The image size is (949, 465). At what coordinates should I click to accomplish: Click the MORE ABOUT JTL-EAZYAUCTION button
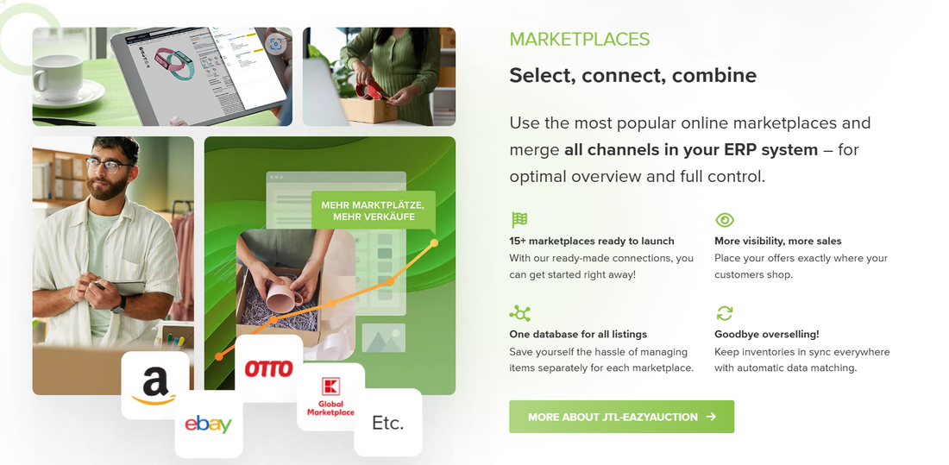coord(621,417)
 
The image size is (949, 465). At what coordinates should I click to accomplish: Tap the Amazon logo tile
coord(154,385)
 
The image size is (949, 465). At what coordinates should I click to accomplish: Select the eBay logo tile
coord(208,424)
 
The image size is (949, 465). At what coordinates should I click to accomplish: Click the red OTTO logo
coord(269,369)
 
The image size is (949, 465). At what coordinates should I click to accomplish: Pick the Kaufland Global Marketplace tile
coord(330,397)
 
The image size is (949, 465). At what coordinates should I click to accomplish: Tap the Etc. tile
coord(387,423)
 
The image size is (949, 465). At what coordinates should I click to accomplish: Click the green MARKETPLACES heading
coord(579,39)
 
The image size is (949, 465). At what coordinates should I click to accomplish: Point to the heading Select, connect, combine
coord(632,75)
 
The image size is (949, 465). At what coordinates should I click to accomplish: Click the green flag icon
coord(519,219)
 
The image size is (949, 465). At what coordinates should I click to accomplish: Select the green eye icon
coord(725,219)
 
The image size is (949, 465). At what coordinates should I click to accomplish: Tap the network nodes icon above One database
coord(519,312)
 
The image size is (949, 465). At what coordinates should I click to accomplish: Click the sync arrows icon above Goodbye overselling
coord(725,312)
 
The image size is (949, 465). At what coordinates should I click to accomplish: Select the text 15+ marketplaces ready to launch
coord(592,241)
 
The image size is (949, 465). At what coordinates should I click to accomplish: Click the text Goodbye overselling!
coord(766,334)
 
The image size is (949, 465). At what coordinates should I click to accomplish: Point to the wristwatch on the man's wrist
coord(118,303)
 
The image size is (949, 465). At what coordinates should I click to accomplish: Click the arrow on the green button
coord(711,417)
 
